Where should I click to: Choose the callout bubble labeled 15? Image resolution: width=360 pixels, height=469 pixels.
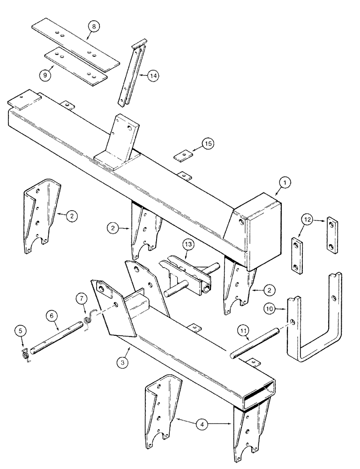209,142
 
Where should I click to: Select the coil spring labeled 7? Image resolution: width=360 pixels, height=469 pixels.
87,322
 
